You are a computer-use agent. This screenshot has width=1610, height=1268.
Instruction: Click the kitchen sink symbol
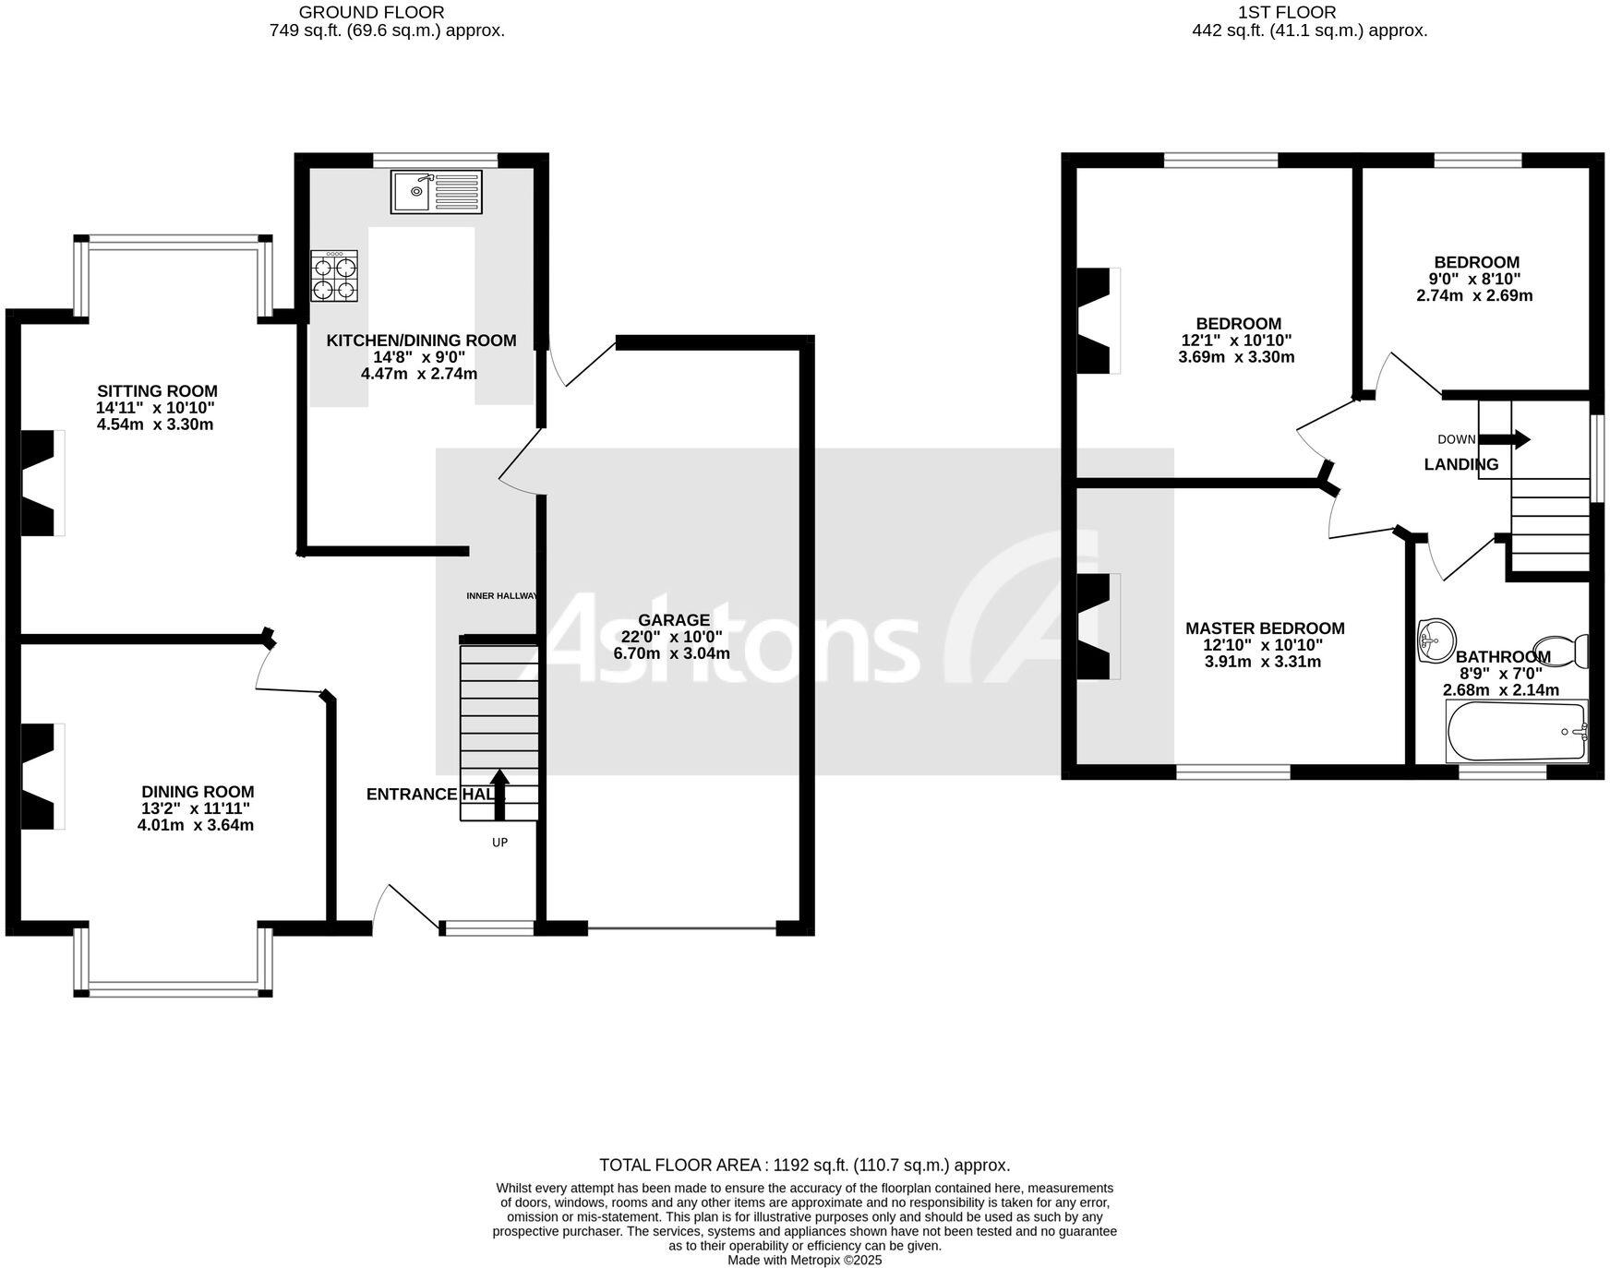[436, 191]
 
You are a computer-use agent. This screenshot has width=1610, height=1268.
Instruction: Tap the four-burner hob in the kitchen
[334, 277]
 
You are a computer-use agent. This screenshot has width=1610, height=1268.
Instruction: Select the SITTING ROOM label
[157, 391]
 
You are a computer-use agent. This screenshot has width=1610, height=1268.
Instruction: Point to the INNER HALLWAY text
[500, 596]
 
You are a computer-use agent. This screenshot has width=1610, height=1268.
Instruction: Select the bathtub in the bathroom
[1516, 731]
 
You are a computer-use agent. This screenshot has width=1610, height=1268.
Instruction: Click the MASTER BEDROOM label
[1265, 628]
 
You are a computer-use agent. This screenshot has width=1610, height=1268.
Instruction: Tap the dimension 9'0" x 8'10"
[1474, 279]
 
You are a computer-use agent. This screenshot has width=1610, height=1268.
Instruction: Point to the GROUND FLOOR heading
[371, 12]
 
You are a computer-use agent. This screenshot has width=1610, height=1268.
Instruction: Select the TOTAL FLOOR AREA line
[804, 1166]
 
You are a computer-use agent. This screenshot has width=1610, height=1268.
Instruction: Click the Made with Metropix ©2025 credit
[804, 1260]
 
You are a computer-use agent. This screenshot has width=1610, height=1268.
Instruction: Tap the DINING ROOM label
[198, 792]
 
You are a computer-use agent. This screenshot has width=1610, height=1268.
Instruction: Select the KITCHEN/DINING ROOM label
[421, 341]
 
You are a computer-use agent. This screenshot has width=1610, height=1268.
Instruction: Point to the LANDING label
[1460, 464]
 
